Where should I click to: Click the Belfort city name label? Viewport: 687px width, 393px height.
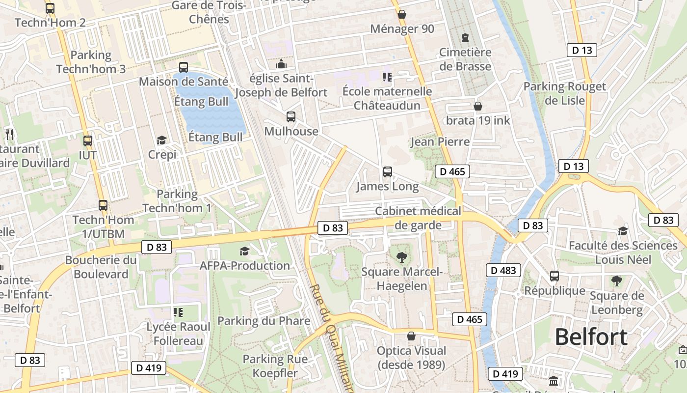pos(591,337)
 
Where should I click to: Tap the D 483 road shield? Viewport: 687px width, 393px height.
pos(503,270)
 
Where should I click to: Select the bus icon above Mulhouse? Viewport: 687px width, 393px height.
pos(291,117)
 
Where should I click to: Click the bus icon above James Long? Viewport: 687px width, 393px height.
pos(388,172)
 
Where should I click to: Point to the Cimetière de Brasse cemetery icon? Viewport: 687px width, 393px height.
pos(465,38)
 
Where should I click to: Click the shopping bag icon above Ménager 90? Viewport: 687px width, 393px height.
pos(402,15)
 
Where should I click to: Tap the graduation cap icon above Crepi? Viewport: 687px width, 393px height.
pos(161,140)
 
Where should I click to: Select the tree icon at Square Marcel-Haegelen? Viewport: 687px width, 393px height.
pos(401,257)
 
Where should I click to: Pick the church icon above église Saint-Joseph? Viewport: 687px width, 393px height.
pos(281,64)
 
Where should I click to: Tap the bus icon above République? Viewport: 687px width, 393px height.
pos(555,276)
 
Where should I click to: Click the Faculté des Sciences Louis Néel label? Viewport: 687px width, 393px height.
pos(623,252)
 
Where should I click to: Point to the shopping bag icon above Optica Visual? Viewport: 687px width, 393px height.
pos(411,337)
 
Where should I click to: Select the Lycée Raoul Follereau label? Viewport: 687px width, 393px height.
pos(179,334)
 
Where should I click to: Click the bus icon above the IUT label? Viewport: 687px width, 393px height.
pos(88,141)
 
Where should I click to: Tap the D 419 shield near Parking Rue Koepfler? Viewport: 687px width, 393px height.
pos(148,367)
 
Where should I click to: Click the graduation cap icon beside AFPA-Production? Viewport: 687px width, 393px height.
pos(244,252)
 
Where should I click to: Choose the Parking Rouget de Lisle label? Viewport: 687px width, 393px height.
pos(564,93)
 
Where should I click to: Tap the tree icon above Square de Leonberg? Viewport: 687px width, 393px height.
pos(617,281)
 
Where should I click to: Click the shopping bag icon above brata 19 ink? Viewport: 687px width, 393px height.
pos(478,106)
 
